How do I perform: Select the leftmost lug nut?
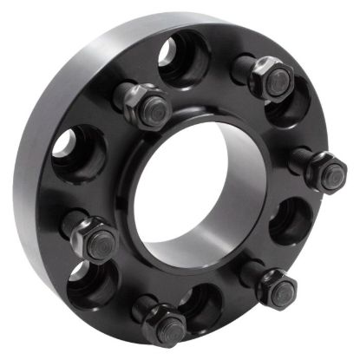(x=93, y=239)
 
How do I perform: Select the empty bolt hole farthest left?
(x=76, y=151)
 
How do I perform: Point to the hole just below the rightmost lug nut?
(x=291, y=221)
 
